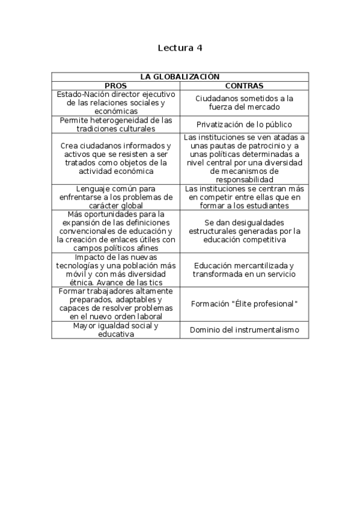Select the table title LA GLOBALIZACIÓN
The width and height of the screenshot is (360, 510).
pos(180,76)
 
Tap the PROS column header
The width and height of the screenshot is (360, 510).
pos(116,85)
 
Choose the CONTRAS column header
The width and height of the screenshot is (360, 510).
pos(244,85)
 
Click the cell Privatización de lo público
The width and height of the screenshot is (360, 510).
pos(244,124)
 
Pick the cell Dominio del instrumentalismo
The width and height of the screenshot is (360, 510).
pos(244,330)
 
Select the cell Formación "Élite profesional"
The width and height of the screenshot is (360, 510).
pos(244,304)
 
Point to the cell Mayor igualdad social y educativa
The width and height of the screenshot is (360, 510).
pos(116,330)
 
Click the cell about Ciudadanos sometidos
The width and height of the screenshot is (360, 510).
pos(244,103)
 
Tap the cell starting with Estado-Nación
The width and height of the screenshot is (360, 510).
pos(116,103)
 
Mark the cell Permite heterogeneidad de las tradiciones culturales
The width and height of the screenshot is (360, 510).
pos(116,124)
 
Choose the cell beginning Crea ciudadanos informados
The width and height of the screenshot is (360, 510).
pos(116,158)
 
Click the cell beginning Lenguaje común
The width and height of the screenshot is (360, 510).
pos(116,197)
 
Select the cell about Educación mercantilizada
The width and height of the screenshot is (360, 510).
pos(244,269)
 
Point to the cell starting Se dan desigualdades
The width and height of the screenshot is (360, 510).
pos(244,231)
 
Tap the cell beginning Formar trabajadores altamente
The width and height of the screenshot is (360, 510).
pos(116,304)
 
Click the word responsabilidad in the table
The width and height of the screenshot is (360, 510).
pos(244,179)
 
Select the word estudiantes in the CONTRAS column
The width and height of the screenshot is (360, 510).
pos(268,205)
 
